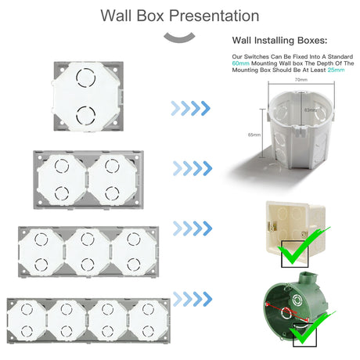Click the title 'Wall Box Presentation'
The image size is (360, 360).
coord(180,16)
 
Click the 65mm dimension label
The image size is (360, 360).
coord(251,135)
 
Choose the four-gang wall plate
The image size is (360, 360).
coord(87,324)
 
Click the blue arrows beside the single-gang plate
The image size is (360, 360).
coord(192,107)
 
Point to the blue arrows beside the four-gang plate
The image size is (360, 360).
coord(192,298)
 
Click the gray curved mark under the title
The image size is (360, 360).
coord(180,38)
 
